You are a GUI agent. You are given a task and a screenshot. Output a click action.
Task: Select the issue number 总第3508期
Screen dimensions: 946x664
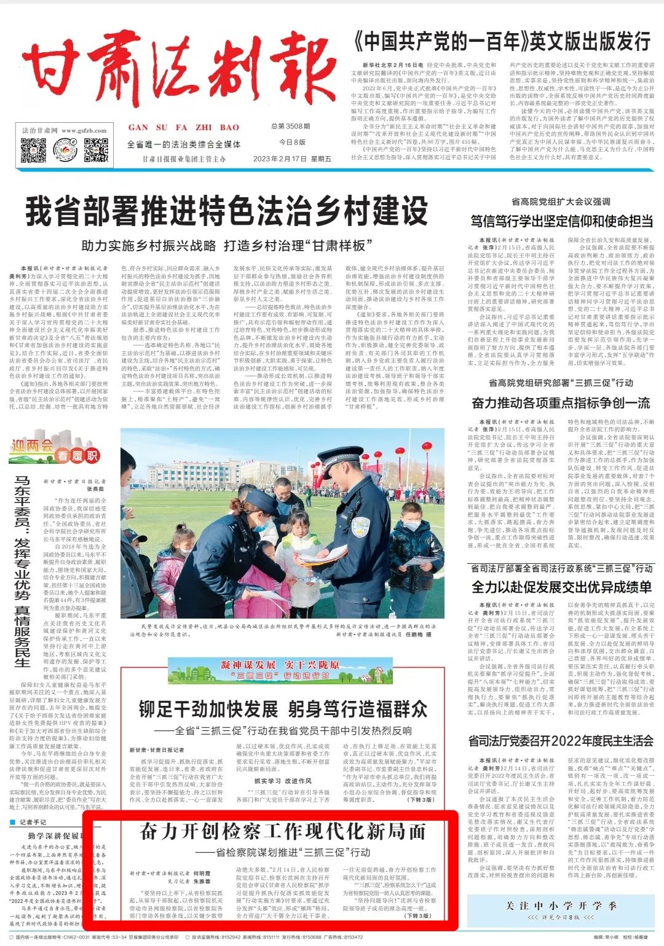click(290, 127)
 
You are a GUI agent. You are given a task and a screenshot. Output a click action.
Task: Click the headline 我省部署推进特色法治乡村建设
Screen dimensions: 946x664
click(226, 211)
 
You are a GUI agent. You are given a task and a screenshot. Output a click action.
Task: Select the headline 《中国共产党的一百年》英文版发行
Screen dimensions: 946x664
click(501, 42)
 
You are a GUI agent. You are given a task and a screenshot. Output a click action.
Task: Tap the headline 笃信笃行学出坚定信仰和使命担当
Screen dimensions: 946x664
click(561, 221)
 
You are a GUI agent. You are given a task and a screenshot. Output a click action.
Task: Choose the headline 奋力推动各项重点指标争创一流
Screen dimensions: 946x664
click(561, 403)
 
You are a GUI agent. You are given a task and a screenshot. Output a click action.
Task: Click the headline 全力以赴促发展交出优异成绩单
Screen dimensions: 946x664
click(561, 587)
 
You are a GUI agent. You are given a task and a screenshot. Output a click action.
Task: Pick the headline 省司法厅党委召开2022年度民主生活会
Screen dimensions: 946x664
click(561, 740)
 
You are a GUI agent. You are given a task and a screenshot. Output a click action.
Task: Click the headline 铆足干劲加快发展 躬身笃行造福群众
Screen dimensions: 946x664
click(283, 709)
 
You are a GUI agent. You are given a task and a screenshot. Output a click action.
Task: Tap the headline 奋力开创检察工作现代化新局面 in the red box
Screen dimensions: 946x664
click(283, 831)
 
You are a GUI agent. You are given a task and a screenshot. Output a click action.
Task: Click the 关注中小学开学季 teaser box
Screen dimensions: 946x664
click(561, 906)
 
